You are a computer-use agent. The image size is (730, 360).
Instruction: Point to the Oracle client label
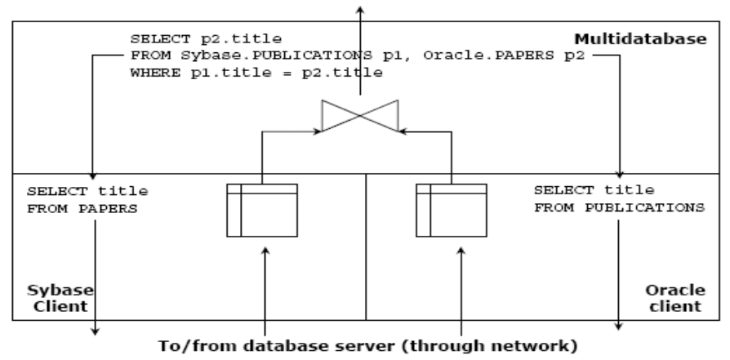pyautogui.click(x=674, y=300)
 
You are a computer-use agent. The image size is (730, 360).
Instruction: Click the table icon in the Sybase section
pyautogui.click(x=262, y=211)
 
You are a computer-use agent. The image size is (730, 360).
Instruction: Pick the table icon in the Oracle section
pyautogui.click(x=452, y=211)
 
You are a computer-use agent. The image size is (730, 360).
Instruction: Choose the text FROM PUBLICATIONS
pyautogui.click(x=618, y=207)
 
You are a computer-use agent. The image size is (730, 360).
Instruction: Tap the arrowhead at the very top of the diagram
pyautogui.click(x=357, y=7)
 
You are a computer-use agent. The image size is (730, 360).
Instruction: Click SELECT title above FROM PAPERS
pyautogui.click(x=87, y=191)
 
